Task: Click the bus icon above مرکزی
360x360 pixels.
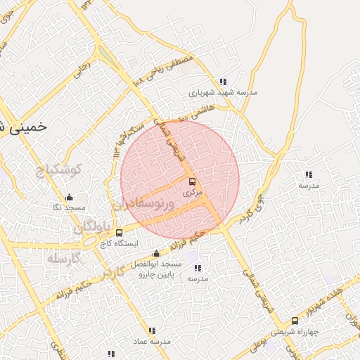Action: click(x=193, y=181)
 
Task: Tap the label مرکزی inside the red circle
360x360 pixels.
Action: click(x=192, y=192)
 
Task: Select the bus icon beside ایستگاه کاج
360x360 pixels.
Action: click(x=118, y=233)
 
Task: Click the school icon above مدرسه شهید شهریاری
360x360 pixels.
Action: click(x=223, y=82)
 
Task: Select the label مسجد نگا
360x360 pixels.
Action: click(x=69, y=208)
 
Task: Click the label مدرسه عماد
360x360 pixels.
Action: click(x=151, y=341)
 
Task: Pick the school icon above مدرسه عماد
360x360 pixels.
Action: click(x=152, y=330)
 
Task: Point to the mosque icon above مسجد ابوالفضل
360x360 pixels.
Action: click(x=156, y=253)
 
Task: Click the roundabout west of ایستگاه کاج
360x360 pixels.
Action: click(x=90, y=241)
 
